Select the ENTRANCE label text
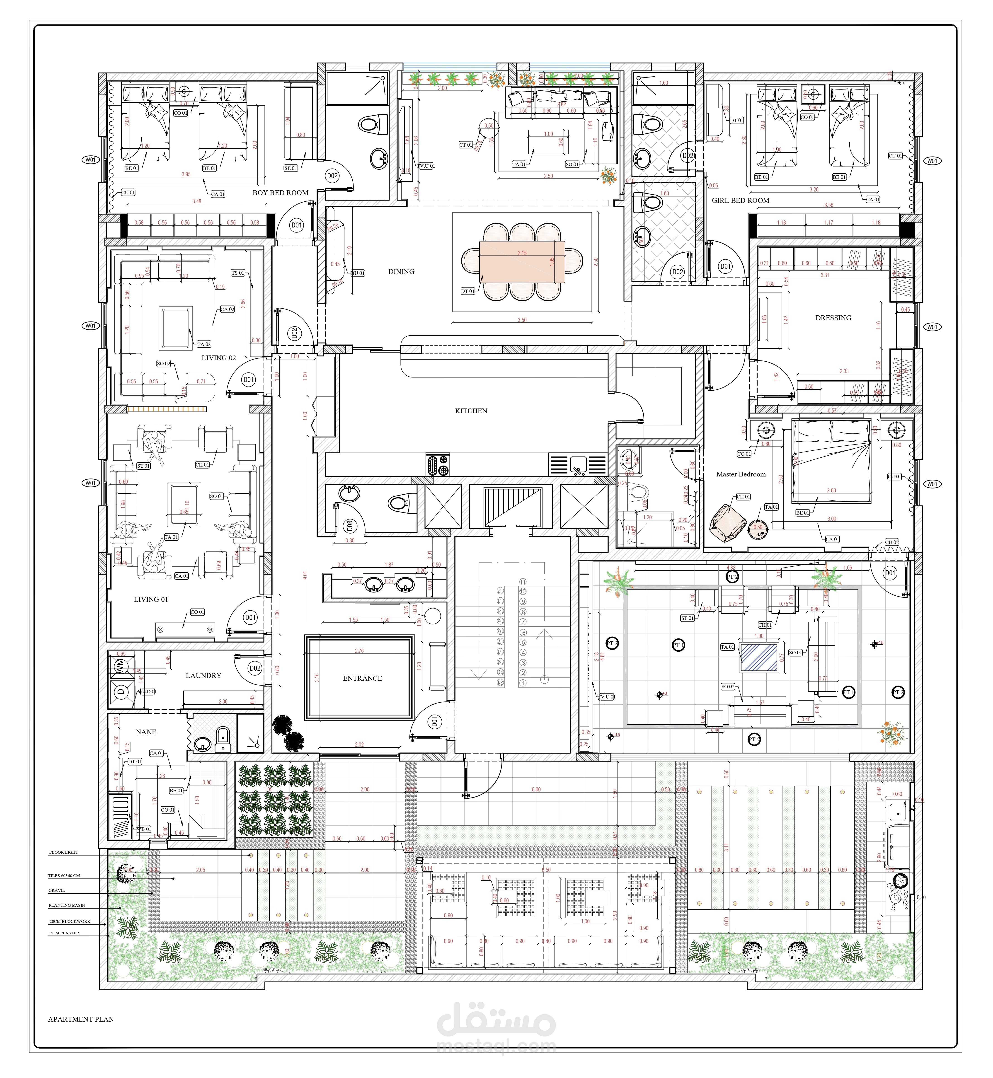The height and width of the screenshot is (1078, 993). pyautogui.click(x=362, y=678)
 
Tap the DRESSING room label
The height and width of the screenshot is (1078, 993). pyautogui.click(x=833, y=318)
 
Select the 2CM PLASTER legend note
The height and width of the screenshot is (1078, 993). pyautogui.click(x=65, y=933)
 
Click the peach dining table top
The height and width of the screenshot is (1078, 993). pyautogui.click(x=522, y=262)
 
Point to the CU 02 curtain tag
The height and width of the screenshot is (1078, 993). pyautogui.click(x=891, y=542)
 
